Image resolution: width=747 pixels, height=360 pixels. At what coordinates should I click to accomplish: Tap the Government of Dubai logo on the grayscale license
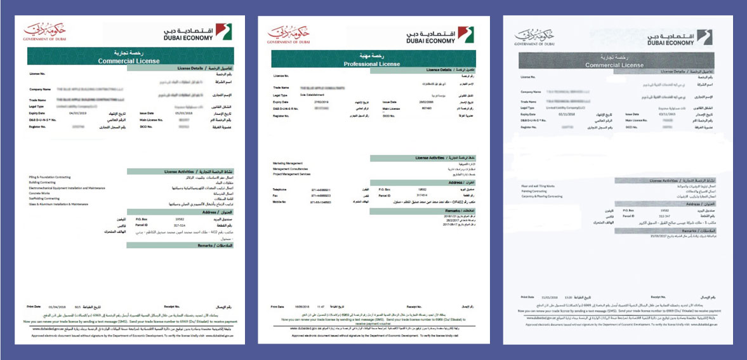pos(535,37)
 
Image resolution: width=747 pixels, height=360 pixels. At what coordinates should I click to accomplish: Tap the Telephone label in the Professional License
pos(280,189)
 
